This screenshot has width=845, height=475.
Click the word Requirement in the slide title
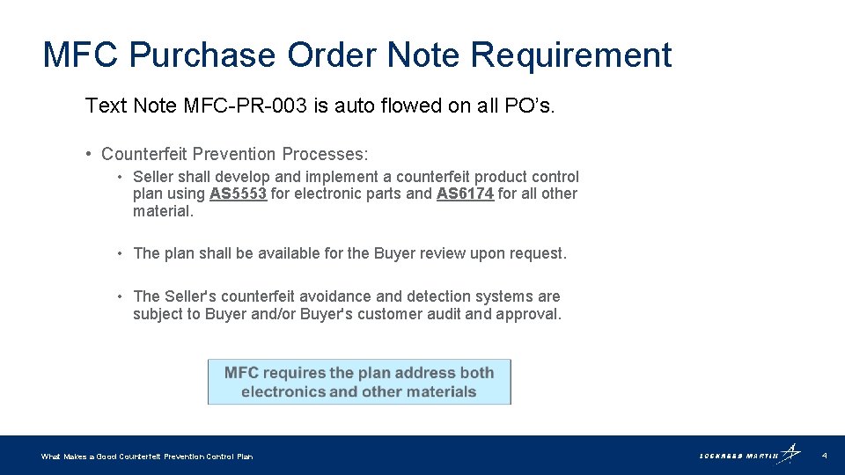click(570, 55)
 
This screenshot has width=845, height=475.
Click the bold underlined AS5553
click(238, 194)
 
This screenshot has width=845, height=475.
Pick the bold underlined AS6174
click(465, 194)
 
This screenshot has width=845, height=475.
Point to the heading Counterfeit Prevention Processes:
click(235, 154)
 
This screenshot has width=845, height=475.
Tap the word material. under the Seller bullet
click(163, 211)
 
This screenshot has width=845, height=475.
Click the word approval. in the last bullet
click(530, 314)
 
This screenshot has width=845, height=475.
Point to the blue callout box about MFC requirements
click(359, 382)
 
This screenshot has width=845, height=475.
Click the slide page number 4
click(824, 456)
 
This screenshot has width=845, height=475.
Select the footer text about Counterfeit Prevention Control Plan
click(147, 457)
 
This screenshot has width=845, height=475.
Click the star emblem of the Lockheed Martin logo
click(791, 452)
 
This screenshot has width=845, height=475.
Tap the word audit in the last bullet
click(430, 314)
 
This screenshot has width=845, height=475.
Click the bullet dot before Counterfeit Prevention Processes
click(90, 154)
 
